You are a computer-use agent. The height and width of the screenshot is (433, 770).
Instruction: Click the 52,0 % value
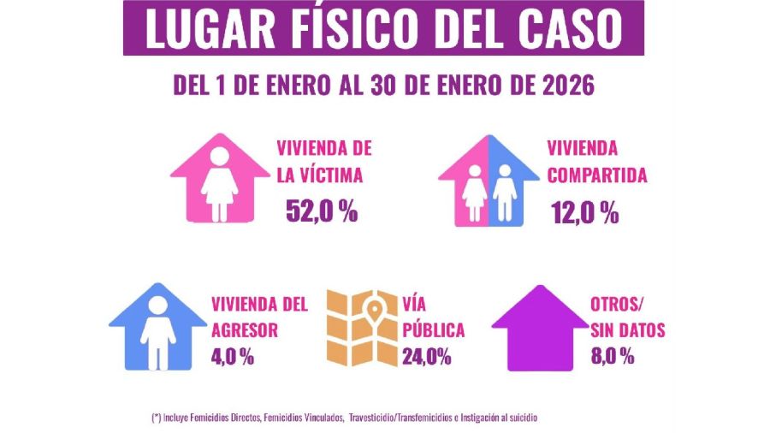click(322, 211)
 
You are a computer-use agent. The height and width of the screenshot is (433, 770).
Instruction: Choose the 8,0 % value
click(612, 356)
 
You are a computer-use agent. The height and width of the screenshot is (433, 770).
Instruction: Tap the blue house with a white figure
click(157, 328)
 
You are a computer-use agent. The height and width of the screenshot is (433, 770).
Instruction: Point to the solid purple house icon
click(539, 329)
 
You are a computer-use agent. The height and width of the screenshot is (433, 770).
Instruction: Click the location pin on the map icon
click(374, 306)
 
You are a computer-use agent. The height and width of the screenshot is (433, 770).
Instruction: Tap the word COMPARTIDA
click(595, 176)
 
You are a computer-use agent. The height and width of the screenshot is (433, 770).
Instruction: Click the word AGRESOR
click(244, 330)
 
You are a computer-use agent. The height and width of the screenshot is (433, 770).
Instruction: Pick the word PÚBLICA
click(433, 330)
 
